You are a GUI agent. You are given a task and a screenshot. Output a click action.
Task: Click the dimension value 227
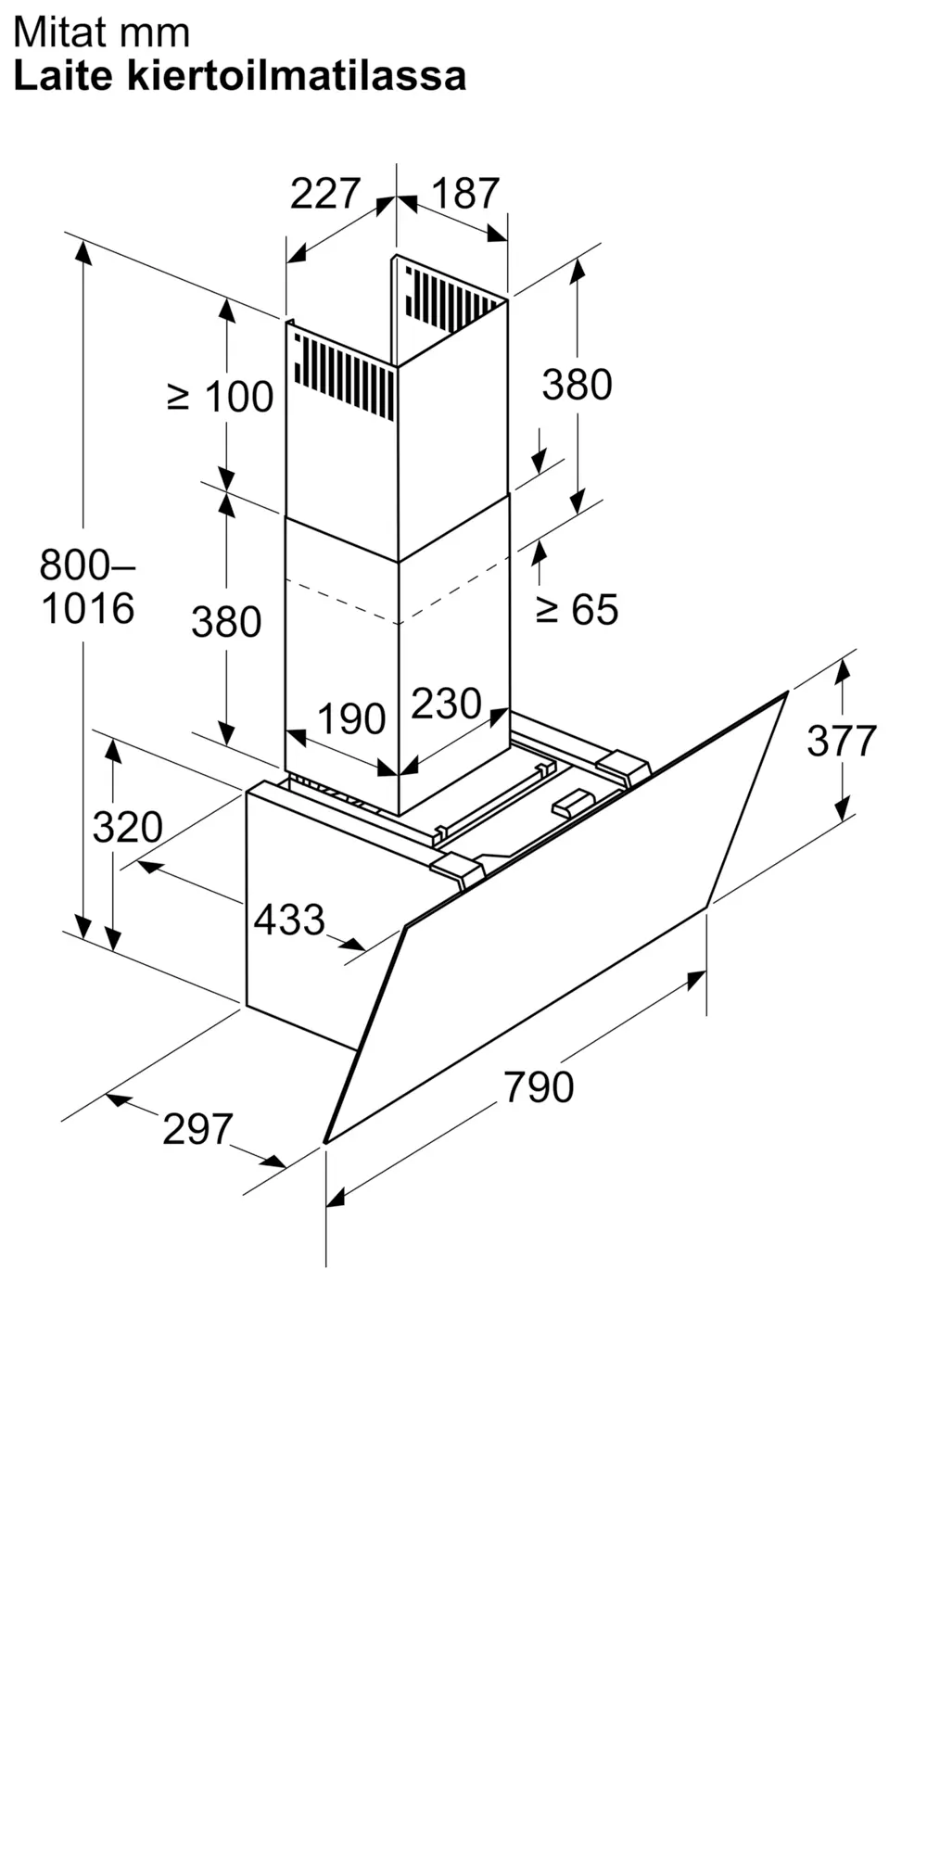[x=324, y=194]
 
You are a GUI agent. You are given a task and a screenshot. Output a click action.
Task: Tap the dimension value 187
[x=465, y=194]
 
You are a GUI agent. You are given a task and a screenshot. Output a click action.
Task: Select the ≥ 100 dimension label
[x=221, y=397]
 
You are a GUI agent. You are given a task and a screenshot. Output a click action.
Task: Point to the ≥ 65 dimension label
[x=577, y=609]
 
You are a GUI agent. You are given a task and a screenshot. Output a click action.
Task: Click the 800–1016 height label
[x=87, y=586]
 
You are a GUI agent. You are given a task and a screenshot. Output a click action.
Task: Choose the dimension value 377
[x=842, y=741]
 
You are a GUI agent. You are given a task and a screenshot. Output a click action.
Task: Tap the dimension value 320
[x=127, y=827]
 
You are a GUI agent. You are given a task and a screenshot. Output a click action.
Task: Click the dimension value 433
[x=289, y=920]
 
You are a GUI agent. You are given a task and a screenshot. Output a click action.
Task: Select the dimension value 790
[x=539, y=1086]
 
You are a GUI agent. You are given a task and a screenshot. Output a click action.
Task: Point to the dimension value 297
[x=197, y=1129]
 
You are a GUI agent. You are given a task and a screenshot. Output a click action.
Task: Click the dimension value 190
[x=351, y=719]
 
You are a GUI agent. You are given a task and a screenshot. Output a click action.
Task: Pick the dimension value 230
[x=446, y=704]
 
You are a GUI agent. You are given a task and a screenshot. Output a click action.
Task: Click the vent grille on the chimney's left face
[x=344, y=375]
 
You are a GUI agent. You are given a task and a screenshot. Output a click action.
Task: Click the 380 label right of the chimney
[x=577, y=385]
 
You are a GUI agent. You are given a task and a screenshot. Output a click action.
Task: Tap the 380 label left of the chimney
[x=226, y=622]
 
